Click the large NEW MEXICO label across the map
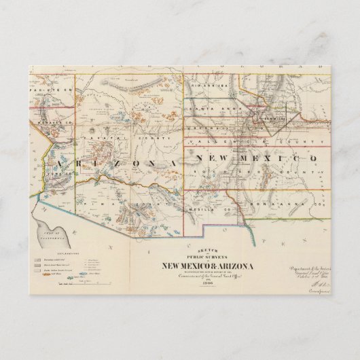255,158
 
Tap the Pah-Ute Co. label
43,89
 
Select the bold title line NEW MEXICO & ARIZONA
206,266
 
